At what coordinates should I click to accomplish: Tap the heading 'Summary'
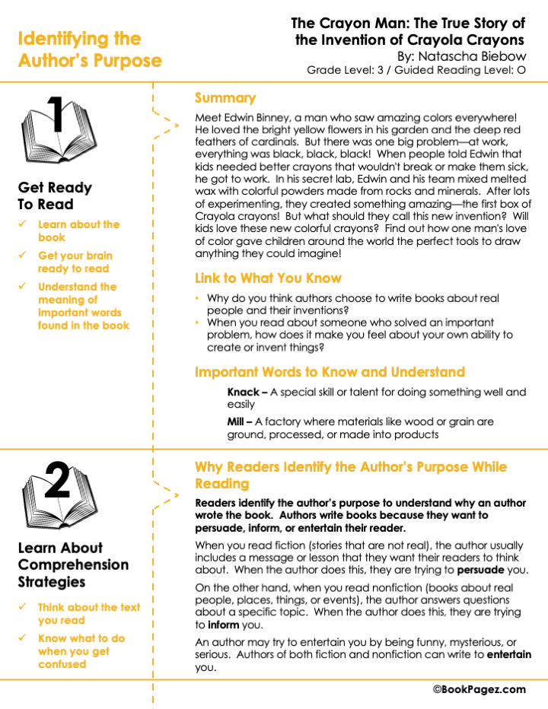click(225, 98)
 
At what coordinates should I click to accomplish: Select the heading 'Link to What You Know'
click(268, 278)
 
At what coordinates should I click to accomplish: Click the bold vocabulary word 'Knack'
click(243, 393)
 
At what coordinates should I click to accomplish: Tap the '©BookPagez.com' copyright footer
click(479, 689)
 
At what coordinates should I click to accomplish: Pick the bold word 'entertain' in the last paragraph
click(509, 655)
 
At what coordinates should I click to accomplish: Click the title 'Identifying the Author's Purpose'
click(89, 49)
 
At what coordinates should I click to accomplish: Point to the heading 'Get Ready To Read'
click(55, 196)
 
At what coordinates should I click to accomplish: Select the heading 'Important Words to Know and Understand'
click(329, 372)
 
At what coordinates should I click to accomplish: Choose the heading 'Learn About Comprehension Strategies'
click(73, 564)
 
